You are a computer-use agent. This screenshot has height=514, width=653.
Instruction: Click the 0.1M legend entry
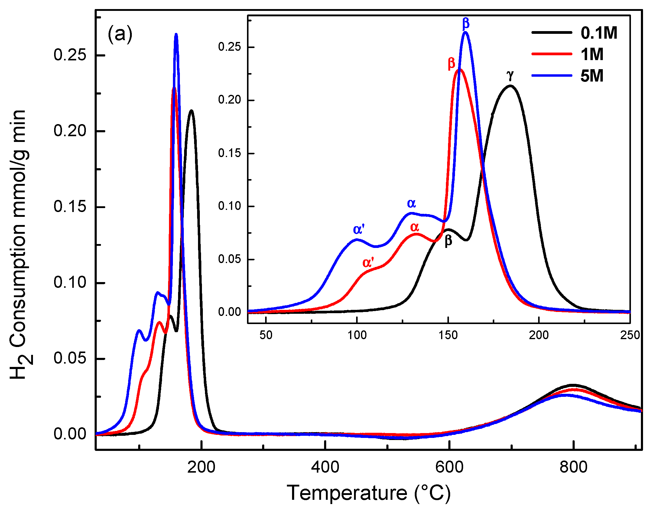(599, 33)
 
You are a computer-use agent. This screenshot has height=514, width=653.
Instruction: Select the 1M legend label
(592, 54)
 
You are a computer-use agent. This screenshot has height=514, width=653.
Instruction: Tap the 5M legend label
(592, 76)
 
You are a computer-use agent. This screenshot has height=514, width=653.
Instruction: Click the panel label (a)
(120, 34)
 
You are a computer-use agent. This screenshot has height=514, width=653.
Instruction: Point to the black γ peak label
(510, 75)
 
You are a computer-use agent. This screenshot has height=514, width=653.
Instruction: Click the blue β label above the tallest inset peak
(466, 23)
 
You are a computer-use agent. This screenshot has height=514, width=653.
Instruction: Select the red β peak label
(451, 63)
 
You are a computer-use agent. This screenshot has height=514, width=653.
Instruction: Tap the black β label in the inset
(448, 241)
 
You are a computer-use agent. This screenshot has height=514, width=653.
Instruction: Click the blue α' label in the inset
(359, 230)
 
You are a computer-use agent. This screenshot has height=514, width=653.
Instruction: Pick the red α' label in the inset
(368, 262)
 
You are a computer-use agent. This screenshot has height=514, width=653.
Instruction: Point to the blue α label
(411, 203)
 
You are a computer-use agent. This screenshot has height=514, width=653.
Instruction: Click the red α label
(414, 227)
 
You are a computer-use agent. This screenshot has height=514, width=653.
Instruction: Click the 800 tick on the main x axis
(573, 467)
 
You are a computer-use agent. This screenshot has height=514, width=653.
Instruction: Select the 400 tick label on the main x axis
(325, 467)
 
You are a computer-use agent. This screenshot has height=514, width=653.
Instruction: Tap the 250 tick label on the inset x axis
(630, 335)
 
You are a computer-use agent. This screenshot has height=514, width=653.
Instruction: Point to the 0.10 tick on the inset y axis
(229, 206)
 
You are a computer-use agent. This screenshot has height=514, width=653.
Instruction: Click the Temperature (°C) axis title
(369, 493)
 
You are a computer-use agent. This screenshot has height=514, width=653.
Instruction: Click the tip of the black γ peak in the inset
(510, 85)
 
